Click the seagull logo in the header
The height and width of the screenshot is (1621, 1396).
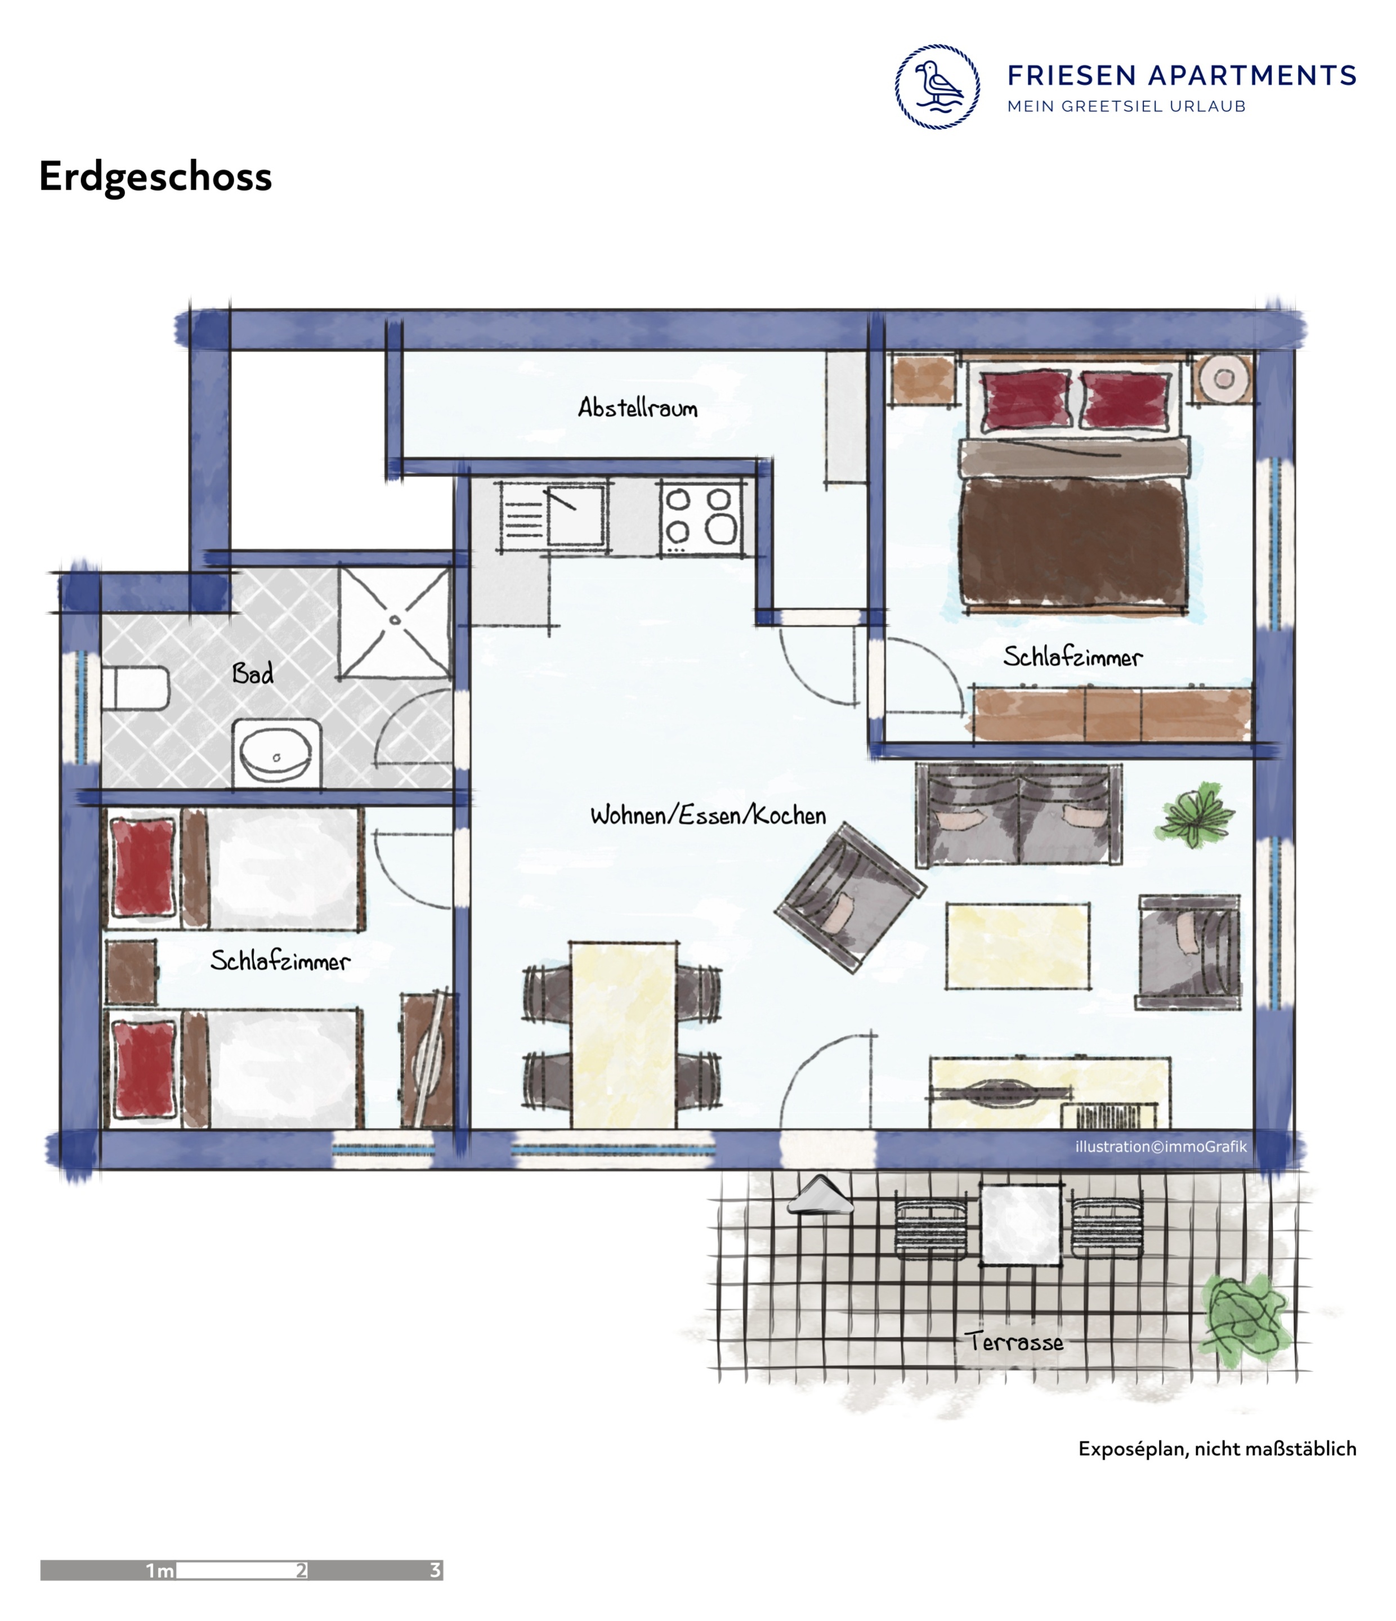[x=937, y=87]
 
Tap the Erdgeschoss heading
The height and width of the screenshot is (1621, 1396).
[x=155, y=177]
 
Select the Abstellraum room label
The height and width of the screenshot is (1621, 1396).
[x=637, y=407]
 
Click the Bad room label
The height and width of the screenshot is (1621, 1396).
[x=253, y=673]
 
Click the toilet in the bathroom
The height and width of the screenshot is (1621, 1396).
[x=135, y=688]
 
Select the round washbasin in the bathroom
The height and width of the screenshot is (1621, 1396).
[x=275, y=753]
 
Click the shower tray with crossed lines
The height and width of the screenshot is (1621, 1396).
[x=395, y=622]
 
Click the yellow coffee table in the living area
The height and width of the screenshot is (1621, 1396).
[x=1017, y=946]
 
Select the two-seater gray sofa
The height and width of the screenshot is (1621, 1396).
[x=1019, y=815]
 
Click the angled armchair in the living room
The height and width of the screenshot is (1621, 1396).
[x=851, y=898]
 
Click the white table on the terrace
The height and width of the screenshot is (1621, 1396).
[x=1021, y=1225]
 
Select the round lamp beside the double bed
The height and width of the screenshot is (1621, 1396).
[x=1224, y=379]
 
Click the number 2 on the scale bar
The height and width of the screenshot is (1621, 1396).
[x=301, y=1570]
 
